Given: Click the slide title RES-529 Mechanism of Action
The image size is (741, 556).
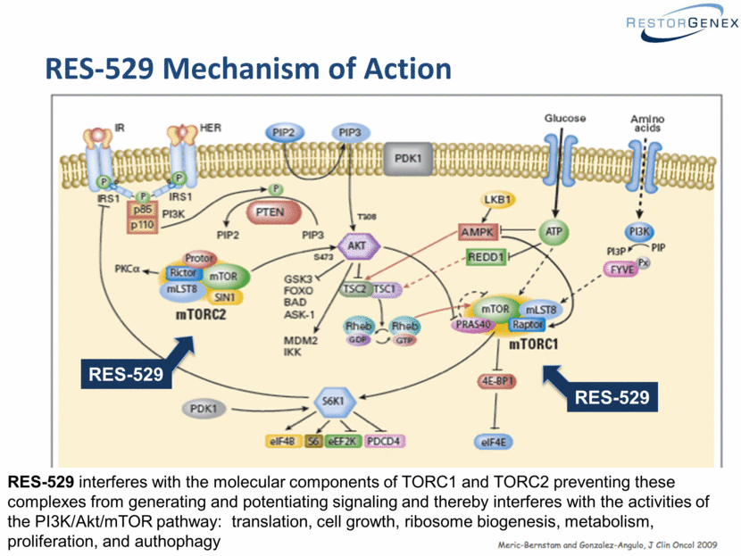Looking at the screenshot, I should coord(248,69).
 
